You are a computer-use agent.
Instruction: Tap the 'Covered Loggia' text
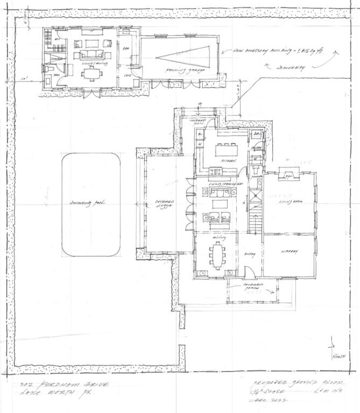point(163,205)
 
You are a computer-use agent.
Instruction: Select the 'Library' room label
point(289,251)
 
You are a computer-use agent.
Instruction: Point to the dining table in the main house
point(218,255)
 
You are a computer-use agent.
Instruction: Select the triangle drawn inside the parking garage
point(186,56)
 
